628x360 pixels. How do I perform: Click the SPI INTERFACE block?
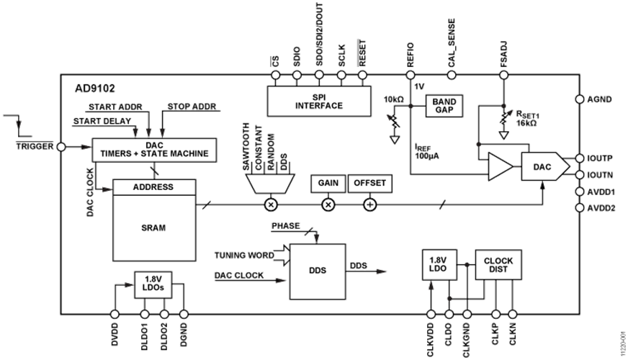tap(319, 101)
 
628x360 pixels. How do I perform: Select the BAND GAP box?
tap(444, 106)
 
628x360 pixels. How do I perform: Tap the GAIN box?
tap(328, 184)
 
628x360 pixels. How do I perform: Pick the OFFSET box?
tap(369, 184)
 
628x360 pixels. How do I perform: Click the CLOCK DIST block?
tap(498, 265)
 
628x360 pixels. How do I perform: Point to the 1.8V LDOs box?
tap(153, 284)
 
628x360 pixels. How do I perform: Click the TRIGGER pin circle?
tap(61, 147)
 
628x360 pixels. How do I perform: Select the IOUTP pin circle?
tap(580, 158)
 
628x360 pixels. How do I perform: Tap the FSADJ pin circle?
tap(504, 75)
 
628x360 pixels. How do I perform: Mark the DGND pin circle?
tap(184, 315)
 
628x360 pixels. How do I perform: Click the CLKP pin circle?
tap(495, 315)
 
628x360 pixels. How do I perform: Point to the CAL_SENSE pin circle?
tap(452, 75)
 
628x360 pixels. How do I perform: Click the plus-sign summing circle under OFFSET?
tap(369, 205)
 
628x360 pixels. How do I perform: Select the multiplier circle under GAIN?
tap(328, 205)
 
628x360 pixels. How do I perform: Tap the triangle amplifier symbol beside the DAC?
tap(499, 166)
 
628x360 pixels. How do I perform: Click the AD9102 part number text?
tap(95, 89)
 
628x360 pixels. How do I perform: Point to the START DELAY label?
tap(102, 121)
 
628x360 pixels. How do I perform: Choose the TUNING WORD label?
tap(244, 256)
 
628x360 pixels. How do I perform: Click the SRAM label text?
tap(153, 228)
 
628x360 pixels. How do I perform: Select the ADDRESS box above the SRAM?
tap(154, 187)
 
